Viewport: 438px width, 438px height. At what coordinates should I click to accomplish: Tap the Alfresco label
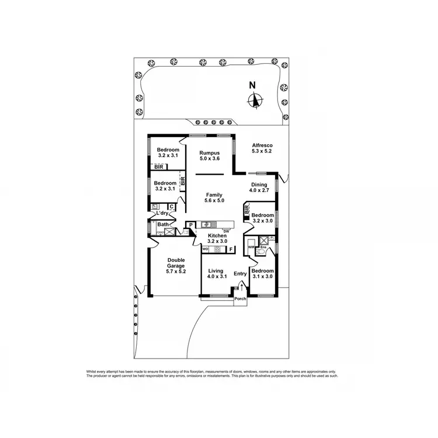coord(262,145)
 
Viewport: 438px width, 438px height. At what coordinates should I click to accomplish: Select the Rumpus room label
coord(209,153)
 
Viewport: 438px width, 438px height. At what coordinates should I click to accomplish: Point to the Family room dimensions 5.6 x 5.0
coord(214,201)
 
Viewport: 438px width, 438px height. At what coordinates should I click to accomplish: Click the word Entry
coord(240,274)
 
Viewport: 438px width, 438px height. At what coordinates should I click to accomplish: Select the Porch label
coord(240,299)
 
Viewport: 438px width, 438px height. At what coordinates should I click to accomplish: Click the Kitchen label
coord(217,235)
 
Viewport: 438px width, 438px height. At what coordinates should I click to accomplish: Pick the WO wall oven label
coord(205,249)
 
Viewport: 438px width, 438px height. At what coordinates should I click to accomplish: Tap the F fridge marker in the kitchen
coord(231,249)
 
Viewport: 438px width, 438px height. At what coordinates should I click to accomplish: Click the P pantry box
coord(190,225)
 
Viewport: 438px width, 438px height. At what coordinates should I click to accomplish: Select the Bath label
coord(163,224)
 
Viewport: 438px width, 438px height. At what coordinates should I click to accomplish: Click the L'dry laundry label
coord(161,213)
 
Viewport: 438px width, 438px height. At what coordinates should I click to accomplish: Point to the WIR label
coord(252,248)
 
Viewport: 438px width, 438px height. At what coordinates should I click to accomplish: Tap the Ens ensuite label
coord(263,248)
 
